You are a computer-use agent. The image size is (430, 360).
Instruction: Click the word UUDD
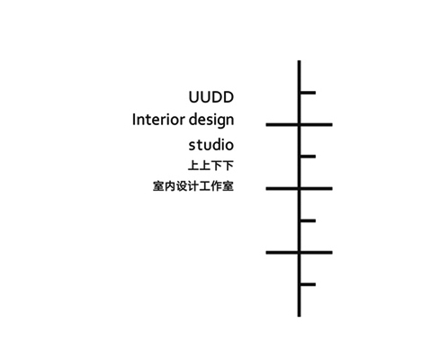coord(211,97)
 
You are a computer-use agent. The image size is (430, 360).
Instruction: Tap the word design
coord(211,121)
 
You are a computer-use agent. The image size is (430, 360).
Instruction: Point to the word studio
coord(211,145)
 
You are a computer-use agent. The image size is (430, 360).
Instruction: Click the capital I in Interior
coord(134,120)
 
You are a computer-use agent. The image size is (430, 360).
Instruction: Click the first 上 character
coord(193,166)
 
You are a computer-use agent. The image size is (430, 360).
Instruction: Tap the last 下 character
coord(228,166)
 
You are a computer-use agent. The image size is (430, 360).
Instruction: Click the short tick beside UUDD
coord(308,93)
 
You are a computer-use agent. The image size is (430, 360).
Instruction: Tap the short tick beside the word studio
coord(308,157)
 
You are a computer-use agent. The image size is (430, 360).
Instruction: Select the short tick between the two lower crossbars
coord(308,220)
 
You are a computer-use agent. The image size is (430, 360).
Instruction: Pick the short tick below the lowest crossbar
coord(308,284)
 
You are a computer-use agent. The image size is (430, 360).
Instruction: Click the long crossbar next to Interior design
coord(299,124)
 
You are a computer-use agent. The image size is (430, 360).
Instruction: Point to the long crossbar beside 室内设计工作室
coord(299,189)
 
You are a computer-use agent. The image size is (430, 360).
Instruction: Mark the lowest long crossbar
coord(299,253)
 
